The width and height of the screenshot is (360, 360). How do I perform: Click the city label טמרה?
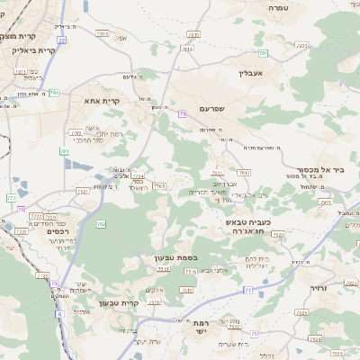pos(276,6)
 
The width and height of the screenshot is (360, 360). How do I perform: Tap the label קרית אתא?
pos(102,101)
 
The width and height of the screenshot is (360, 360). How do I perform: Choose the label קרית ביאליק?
pos(34,50)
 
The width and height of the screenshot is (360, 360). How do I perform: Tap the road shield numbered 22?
pos(60,40)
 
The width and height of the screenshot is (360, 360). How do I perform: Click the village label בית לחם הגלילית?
pos(256,263)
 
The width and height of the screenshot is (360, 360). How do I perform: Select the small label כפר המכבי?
pos(87,140)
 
